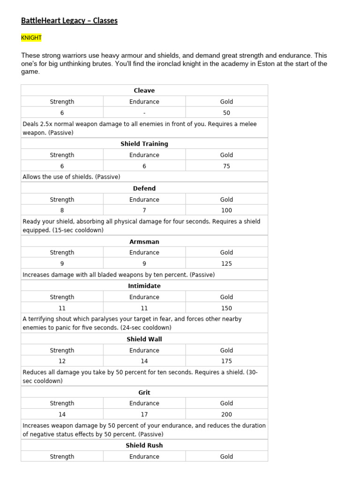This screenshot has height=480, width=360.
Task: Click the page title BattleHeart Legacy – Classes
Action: tap(69, 21)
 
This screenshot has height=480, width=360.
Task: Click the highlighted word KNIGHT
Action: tap(31, 37)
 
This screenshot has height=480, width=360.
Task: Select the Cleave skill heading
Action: tap(144, 90)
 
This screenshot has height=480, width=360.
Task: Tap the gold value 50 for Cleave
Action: tap(226, 113)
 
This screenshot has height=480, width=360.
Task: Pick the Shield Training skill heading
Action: tap(144, 144)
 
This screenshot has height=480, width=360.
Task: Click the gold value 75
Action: tap(226, 166)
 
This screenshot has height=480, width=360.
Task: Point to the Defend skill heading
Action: tap(144, 188)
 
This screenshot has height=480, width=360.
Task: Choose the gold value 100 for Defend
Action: tap(226, 210)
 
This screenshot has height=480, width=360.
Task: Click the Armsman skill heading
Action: tap(144, 242)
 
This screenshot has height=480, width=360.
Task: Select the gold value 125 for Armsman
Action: tap(226, 264)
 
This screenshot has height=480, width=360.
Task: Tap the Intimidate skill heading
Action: tap(144, 286)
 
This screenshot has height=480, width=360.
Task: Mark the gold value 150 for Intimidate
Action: tap(226, 308)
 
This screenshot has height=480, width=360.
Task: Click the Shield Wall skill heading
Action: tap(144, 339)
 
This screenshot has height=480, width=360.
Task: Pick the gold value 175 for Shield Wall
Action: tap(226, 361)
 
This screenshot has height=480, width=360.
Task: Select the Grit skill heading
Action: tap(144, 393)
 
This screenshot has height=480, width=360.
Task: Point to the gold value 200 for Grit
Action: tap(226, 414)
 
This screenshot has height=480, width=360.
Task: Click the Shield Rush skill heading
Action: tap(144, 446)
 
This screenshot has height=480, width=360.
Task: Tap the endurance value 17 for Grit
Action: tap(144, 414)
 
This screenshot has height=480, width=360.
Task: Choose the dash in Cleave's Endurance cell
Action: tap(144, 113)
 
